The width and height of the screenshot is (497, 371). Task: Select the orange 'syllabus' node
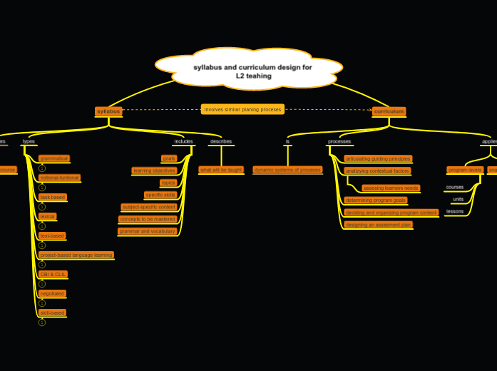point(108,111)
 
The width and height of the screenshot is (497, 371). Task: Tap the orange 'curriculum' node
point(389,111)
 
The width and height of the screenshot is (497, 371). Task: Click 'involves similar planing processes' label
point(242,109)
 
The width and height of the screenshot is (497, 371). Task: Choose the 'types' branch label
point(29,141)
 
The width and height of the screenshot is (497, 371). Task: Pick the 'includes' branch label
point(183,141)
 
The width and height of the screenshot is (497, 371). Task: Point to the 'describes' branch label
point(221,141)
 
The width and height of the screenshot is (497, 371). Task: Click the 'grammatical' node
point(54,158)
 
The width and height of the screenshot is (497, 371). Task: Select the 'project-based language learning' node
point(76,255)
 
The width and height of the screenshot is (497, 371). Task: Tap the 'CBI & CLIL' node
point(53,274)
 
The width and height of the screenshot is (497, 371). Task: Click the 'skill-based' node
point(52,312)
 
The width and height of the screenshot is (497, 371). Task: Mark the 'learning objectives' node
point(153,171)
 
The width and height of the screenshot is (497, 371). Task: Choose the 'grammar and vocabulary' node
point(148,231)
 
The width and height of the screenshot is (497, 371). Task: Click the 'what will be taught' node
point(221,170)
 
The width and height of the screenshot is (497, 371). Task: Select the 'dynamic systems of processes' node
point(287,170)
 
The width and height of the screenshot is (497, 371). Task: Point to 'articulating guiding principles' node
point(377,158)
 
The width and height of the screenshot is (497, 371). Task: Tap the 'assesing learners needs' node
point(391,188)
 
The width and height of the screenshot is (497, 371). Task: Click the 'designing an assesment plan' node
point(378,224)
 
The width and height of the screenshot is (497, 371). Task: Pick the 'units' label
point(458,199)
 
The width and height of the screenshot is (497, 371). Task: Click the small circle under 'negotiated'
point(42,303)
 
